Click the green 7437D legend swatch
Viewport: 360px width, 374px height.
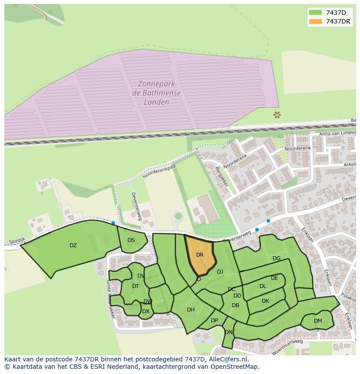[316, 12]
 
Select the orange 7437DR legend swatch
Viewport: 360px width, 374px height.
[316, 21]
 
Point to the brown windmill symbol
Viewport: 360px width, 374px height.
[277, 115]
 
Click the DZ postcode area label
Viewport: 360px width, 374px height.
[73, 245]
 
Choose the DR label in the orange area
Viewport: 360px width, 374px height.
[200, 255]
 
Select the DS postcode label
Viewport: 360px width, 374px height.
[131, 240]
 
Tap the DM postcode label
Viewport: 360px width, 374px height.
[318, 321]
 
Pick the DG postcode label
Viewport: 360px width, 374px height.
[277, 258]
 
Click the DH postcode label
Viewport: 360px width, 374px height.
[190, 310]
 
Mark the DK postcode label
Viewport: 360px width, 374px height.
[265, 301]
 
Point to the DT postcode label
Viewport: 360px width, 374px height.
[135, 286]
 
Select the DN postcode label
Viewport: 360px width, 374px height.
[229, 332]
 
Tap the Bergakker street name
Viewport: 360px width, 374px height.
[222, 176]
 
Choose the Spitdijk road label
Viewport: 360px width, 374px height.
[17, 240]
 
